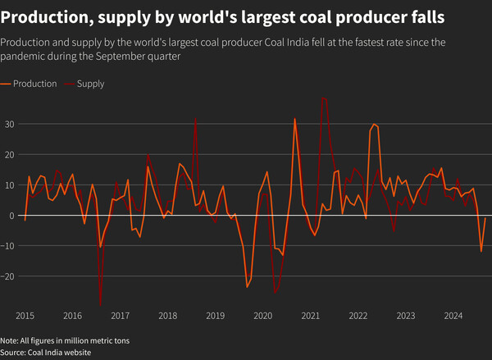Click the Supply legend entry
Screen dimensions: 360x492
coord(90,84)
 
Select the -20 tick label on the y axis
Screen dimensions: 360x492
coord(10,276)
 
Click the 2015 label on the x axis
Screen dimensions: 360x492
coord(25,316)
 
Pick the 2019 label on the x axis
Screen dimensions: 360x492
coord(215,316)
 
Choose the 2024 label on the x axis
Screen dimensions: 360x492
coord(453,316)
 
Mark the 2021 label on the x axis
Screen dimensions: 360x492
coord(310,316)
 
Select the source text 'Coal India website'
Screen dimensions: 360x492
coord(61,353)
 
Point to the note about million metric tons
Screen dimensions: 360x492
coord(65,340)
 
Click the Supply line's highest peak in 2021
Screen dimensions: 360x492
coord(324,98)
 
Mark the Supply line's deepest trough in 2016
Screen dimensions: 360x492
coord(100,306)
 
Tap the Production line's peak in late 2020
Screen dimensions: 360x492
coord(295,119)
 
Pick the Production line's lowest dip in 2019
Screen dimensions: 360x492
coord(247,287)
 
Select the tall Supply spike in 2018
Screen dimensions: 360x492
coord(195,119)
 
